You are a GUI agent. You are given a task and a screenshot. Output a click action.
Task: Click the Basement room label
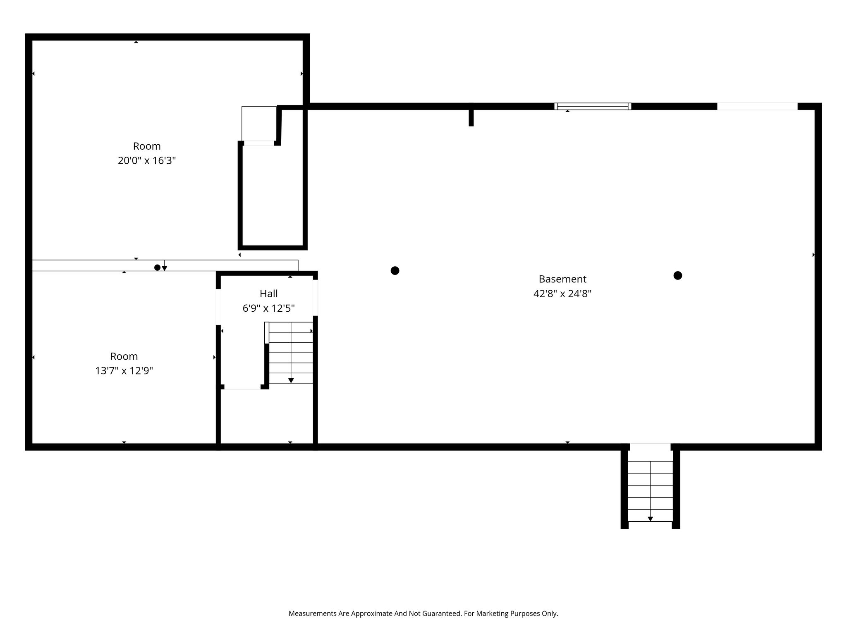click(562, 279)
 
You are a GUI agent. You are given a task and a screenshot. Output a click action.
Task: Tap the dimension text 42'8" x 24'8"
click(562, 294)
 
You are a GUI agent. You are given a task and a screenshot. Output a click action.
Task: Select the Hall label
click(268, 294)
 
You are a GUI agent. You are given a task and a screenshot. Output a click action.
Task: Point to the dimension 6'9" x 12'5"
click(268, 308)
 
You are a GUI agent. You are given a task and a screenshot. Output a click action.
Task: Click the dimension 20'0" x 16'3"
click(147, 160)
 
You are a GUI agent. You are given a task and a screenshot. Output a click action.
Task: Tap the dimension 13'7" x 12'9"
click(124, 370)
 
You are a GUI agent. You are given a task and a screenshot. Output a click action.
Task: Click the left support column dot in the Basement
click(395, 271)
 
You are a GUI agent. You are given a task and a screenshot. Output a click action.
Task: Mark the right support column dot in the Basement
click(678, 275)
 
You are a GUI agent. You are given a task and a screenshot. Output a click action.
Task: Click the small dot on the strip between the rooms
click(157, 267)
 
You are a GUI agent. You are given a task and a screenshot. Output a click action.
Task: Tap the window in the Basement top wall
click(593, 106)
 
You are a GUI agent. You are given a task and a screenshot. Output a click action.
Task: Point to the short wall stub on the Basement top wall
click(471, 115)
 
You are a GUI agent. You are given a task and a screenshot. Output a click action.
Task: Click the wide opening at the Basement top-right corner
click(757, 106)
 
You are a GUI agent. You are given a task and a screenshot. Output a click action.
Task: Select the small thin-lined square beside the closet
click(259, 124)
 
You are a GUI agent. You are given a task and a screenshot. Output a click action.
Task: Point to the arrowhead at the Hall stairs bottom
click(291, 381)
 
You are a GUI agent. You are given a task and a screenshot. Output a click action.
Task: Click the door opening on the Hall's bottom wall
click(242, 387)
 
